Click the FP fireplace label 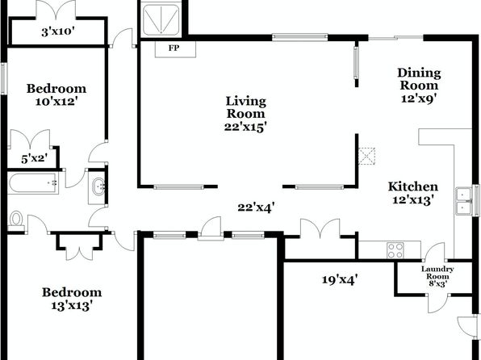(174, 48)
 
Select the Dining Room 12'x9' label (419, 86)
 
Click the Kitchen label (413, 186)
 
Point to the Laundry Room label (437, 273)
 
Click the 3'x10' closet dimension (58, 31)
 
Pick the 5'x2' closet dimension (35, 158)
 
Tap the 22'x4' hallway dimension (256, 207)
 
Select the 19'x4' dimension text (340, 279)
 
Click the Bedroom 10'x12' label (56, 94)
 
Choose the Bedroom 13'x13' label (72, 299)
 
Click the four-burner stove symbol (395, 250)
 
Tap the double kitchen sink (464, 201)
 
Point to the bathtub (33, 183)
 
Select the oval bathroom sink (99, 186)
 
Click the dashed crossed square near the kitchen (367, 156)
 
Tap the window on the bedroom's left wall (3, 78)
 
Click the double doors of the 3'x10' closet (56, 10)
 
